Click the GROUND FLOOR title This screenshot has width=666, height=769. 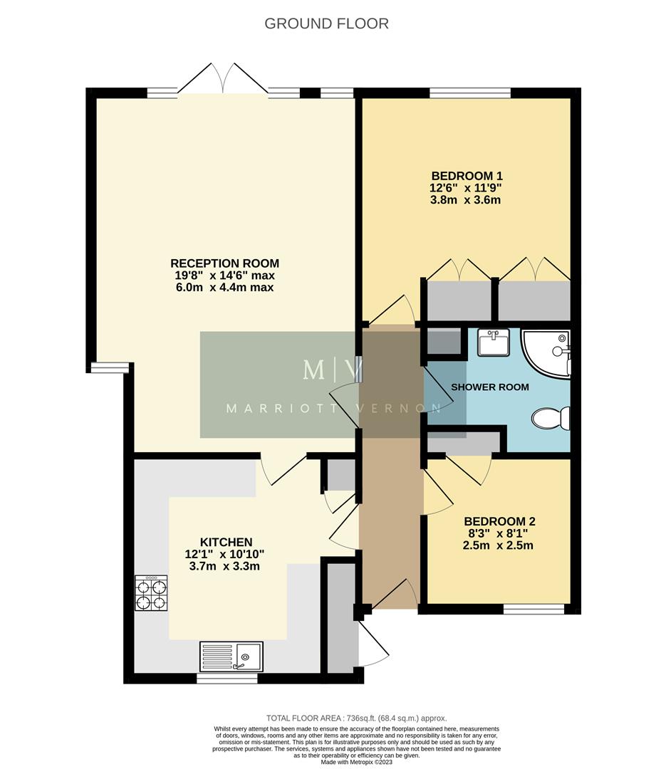[x=326, y=23]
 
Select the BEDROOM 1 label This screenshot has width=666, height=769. [x=467, y=176]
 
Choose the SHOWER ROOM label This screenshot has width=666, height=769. [x=490, y=387]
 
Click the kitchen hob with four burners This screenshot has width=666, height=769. [x=151, y=593]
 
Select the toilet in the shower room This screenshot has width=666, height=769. [x=551, y=419]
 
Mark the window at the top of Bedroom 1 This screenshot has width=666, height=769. [x=469, y=93]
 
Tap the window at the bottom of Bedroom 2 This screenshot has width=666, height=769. [x=534, y=609]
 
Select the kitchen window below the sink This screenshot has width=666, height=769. [x=227, y=679]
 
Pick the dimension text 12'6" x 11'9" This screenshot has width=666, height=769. [x=467, y=188]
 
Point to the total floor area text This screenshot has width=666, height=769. [x=356, y=718]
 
